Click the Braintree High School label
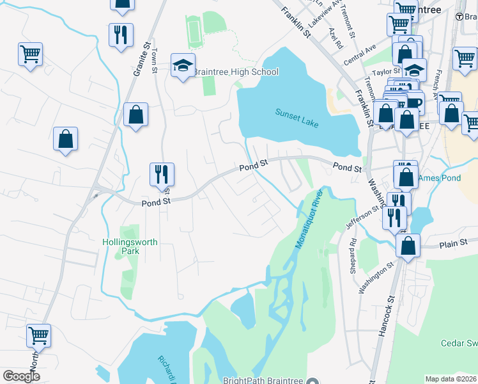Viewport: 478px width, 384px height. point(236,72)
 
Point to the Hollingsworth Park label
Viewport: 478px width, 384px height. point(130,247)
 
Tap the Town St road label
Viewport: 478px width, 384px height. point(155,61)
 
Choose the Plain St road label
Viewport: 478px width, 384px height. point(454,243)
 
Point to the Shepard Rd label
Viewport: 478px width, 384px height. point(353,257)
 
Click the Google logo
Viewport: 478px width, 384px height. point(21,376)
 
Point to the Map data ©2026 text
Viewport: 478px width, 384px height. point(451,379)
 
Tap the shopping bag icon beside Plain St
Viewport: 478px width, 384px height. point(408,245)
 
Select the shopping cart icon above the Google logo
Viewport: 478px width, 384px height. point(39,335)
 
